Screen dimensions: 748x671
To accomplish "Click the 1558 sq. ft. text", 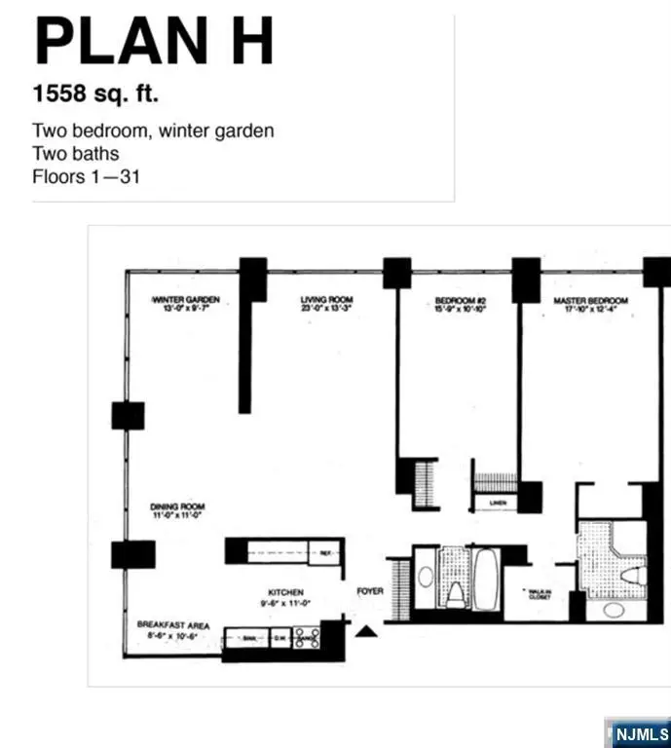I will click(x=95, y=95).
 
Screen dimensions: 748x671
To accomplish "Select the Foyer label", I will click(x=370, y=591).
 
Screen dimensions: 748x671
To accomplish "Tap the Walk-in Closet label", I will click(x=539, y=593).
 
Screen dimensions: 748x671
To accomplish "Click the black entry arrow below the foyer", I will click(x=365, y=633).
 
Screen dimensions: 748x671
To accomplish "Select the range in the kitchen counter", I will click(x=307, y=639).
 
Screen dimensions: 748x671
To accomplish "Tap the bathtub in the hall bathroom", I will click(x=485, y=579).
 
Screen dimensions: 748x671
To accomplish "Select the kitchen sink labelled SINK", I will click(x=248, y=639).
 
